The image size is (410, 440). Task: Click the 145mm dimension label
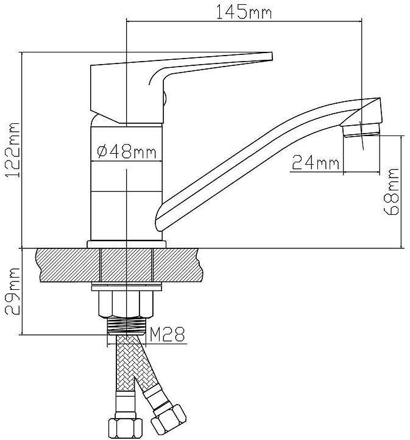[244, 12]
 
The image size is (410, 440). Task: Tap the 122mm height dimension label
[13, 150]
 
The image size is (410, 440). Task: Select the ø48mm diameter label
[126, 152]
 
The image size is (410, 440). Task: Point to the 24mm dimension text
[316, 162]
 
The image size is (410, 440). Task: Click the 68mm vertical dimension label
[391, 192]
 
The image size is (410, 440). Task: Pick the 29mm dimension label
[13, 291]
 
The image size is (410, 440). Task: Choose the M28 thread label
[168, 334]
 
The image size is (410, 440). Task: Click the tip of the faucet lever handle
[272, 56]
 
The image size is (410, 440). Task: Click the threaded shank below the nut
[127, 325]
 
